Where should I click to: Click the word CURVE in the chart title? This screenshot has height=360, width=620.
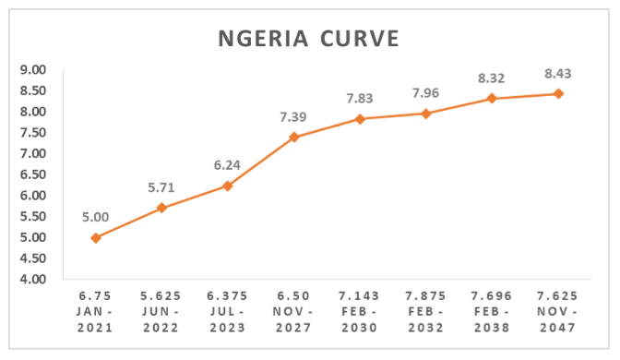360,39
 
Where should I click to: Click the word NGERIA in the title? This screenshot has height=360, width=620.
263,39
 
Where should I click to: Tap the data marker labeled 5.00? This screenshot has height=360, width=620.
96,238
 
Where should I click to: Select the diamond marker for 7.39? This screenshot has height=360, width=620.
293,138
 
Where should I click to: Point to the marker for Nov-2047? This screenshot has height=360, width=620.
558,94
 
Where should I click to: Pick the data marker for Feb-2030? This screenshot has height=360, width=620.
360,119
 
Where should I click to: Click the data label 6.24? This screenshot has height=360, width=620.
227,165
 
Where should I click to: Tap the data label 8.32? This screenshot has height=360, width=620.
492,78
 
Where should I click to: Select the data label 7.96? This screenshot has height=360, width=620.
425,93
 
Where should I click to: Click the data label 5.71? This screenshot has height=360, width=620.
161,187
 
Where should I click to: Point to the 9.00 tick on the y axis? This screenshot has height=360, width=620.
33,70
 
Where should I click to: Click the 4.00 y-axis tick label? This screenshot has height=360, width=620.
33,280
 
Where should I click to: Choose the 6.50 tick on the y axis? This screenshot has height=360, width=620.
33,174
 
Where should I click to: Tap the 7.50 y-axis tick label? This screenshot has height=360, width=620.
33,133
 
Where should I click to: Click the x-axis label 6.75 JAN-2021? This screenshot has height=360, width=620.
95,312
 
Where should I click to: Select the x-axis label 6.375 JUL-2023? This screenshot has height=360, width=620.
227,312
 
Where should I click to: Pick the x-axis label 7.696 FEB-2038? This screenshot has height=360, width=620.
492,312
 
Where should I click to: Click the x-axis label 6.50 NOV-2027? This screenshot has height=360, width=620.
293,312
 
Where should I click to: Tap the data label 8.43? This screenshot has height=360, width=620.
558,74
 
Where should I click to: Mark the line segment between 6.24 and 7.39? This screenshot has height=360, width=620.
260,162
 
